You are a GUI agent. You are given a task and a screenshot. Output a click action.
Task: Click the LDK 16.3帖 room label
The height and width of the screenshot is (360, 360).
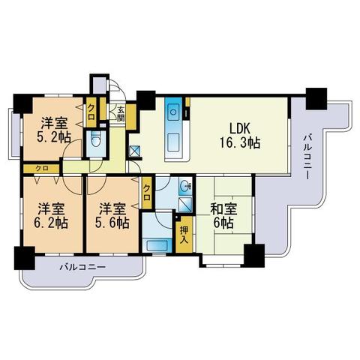click(240, 136)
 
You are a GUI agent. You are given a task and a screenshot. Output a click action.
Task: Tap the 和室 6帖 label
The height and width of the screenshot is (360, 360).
click(223, 216)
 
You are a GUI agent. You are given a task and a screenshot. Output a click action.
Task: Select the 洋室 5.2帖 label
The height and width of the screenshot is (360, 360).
click(54, 130)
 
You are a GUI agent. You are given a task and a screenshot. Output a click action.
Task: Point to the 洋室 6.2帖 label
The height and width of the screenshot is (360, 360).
click(51, 216)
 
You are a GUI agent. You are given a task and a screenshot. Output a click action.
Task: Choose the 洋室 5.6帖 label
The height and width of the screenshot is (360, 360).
click(112, 216)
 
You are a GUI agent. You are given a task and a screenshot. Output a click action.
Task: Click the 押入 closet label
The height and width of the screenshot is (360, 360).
click(184, 235)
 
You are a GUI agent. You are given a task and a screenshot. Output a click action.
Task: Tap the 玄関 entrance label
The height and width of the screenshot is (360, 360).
click(121, 114)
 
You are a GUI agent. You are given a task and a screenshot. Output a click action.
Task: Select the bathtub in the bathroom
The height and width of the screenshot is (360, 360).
click(157, 246)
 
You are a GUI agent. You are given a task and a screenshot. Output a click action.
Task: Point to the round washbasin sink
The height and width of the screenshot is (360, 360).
click(185, 186)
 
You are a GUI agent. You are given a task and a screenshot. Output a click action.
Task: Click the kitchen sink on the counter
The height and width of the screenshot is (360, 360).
click(173, 112)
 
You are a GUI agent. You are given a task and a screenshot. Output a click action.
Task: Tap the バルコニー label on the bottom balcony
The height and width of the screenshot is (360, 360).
click(82, 267)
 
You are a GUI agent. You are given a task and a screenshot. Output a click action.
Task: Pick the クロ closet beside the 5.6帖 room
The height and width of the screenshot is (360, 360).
click(147, 193)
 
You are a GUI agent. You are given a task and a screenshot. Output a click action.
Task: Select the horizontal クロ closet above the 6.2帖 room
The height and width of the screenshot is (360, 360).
click(42, 168)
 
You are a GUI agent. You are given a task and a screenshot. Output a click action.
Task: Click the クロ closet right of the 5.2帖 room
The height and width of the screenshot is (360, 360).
click(91, 112)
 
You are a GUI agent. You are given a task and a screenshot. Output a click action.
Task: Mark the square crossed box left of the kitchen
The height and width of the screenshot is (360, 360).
click(135, 151)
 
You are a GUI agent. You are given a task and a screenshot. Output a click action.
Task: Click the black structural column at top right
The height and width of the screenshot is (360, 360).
click(316, 99)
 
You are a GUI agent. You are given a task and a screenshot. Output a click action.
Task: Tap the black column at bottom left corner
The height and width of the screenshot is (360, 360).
click(24, 258)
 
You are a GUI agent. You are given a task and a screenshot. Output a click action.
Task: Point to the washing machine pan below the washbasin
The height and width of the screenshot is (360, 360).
click(185, 205)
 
